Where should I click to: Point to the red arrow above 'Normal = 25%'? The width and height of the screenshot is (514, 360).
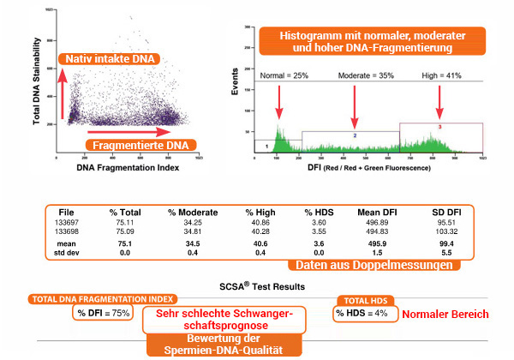279,99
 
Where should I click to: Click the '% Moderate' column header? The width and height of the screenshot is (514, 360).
192,212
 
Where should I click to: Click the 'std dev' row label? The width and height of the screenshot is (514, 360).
66,253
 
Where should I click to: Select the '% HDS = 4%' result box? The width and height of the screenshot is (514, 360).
362,314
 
